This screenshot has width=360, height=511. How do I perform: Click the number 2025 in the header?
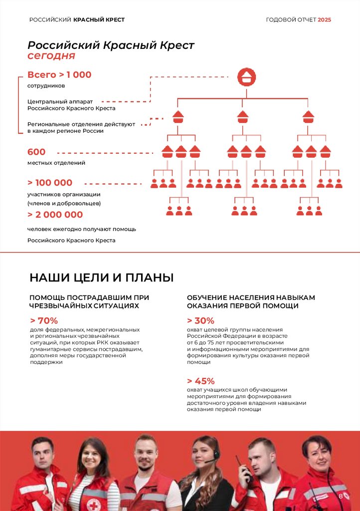[324, 20]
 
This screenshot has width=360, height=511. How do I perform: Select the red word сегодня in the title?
[51, 56]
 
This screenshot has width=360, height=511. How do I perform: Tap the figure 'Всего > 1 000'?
[59, 75]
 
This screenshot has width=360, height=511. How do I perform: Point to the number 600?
[36, 152]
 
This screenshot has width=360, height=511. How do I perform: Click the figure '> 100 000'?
[50, 183]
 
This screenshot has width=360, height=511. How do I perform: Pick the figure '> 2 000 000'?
[55, 215]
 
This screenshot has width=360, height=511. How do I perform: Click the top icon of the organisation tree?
[246, 77]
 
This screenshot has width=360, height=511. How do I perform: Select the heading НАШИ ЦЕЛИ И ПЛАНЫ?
[101, 277]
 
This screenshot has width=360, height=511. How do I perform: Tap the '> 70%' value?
[44, 320]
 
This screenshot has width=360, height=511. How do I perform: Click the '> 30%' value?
[200, 320]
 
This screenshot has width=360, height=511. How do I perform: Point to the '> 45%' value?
[200, 381]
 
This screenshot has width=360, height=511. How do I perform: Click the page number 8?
[341, 496]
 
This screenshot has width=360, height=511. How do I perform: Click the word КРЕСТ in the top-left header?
[115, 20]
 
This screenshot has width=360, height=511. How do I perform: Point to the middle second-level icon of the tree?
[243, 117]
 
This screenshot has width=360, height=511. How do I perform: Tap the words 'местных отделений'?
[56, 163]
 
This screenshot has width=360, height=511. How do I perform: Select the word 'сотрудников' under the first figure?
[46, 86]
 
